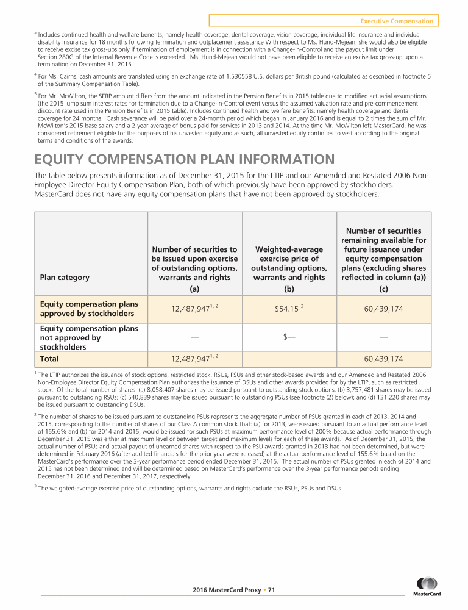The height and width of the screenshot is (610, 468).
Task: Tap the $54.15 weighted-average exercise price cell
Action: coord(291,309)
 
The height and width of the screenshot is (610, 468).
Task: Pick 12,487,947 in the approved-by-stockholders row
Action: coord(193,310)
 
